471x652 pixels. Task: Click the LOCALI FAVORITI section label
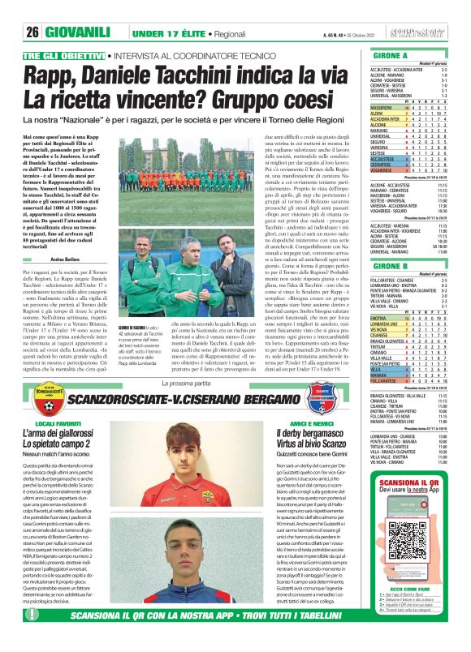click(59, 423)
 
